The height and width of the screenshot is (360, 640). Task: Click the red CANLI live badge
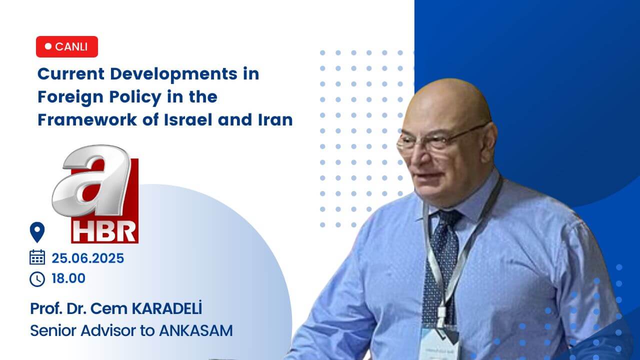67,46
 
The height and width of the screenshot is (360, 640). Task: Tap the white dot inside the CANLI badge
48,46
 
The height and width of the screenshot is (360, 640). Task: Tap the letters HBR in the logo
104,231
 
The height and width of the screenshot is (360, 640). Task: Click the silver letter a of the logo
91,180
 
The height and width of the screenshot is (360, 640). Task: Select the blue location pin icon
37,232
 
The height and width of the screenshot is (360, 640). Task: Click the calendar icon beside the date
37,257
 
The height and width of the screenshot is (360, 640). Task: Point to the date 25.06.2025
87,258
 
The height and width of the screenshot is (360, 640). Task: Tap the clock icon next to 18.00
37,279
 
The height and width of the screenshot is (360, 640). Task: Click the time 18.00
68,278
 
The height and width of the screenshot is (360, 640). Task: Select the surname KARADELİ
167,308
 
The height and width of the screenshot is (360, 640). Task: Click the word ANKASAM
196,331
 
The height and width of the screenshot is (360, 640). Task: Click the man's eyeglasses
440,140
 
